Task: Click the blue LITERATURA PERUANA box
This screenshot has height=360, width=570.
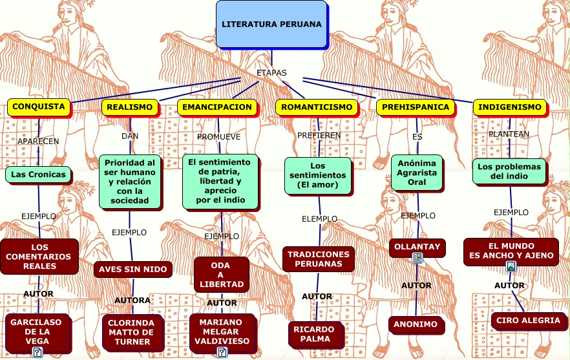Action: tap(271, 24)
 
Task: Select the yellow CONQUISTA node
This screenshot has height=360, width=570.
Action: tap(39, 107)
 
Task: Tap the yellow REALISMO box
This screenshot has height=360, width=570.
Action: tap(130, 107)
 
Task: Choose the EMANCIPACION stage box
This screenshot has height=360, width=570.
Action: tap(217, 107)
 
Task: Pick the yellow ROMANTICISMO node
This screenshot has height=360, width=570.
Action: tap(317, 107)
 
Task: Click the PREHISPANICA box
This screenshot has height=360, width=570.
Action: tap(416, 107)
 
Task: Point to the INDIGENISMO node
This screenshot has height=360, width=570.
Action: tap(510, 107)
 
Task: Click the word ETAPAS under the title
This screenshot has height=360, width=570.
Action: tap(271, 73)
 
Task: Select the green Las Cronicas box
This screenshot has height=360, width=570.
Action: tap(38, 175)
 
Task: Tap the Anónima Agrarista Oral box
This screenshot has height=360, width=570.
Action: tap(417, 173)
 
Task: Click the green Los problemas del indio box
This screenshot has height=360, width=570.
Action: tap(509, 171)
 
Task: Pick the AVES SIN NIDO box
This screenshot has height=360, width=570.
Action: tap(132, 270)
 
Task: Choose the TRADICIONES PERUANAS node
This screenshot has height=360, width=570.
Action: tap(319, 259)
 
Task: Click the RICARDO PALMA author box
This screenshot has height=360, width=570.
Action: tap(315, 334)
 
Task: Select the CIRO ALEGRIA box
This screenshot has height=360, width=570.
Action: tap(528, 321)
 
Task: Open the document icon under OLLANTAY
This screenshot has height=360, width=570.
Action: tap(417, 258)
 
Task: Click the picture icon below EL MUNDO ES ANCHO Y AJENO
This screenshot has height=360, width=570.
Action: tap(511, 266)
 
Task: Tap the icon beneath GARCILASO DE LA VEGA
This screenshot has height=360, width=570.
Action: tap(37, 352)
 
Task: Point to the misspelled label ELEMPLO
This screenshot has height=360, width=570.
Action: tap(319, 219)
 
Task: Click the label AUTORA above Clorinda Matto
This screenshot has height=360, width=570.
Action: tap(132, 301)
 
